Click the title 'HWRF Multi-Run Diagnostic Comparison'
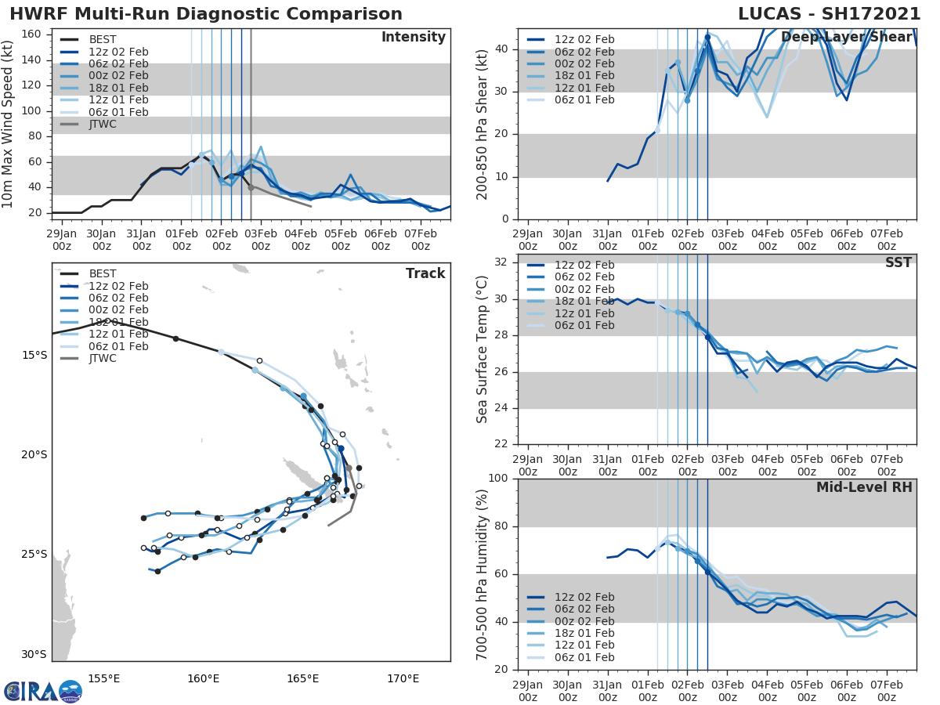click(x=206, y=14)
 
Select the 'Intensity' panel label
click(x=413, y=38)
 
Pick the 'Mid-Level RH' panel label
click(x=864, y=487)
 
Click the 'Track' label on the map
click(x=425, y=273)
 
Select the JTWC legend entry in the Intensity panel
click(x=103, y=125)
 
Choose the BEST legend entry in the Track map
click(x=103, y=274)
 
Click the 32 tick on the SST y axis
click(x=504, y=262)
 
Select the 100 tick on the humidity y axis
click(x=500, y=479)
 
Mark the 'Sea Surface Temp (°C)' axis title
click(x=482, y=350)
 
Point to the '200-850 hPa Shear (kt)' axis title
click(x=482, y=125)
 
